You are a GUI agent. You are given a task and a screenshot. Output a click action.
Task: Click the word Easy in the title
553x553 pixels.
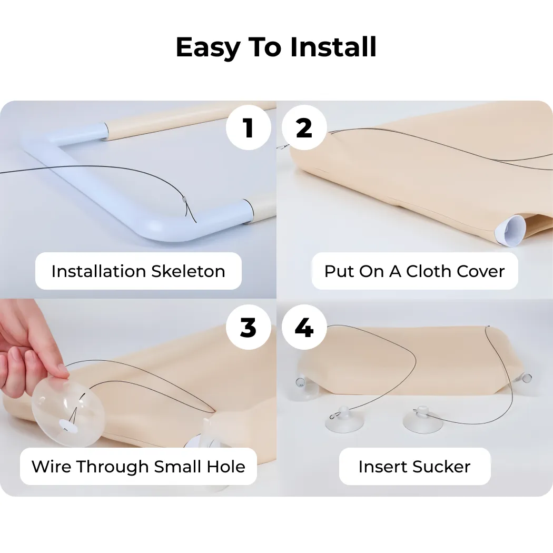click(208, 48)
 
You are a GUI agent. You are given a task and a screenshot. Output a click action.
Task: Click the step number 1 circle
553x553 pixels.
click(248, 127)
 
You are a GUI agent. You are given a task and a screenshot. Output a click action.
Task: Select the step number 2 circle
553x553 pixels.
click(304, 127)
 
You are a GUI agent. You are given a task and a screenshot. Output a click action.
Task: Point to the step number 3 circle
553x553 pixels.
click(248, 327)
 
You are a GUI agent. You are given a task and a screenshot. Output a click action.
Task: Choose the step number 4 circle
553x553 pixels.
click(304, 327)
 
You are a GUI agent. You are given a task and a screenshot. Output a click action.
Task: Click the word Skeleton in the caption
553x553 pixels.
click(188, 272)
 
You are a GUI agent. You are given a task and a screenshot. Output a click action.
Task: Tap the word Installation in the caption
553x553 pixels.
click(99, 272)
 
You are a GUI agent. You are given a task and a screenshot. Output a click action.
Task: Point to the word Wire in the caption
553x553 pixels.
click(52, 467)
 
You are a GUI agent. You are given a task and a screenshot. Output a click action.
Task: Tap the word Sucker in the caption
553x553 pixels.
click(441, 467)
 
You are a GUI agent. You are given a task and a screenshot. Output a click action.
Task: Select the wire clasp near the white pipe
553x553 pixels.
click(184, 199)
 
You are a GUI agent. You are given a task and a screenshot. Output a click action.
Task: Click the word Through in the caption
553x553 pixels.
click(113, 467)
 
